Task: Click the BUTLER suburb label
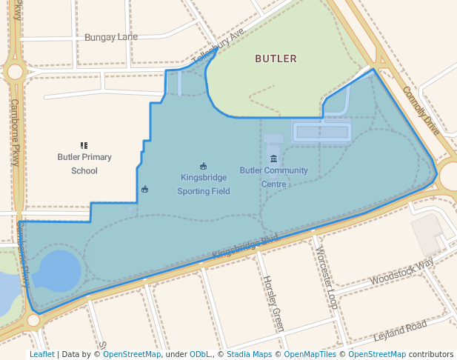pyautogui.click(x=276, y=59)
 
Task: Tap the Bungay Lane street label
pyautogui.click(x=111, y=37)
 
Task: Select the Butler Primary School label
pyautogui.click(x=84, y=164)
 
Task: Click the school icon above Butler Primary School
pyautogui.click(x=84, y=145)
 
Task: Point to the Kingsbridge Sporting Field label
pyautogui.click(x=204, y=184)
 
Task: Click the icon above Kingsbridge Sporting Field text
pyautogui.click(x=204, y=166)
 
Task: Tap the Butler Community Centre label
pyautogui.click(x=273, y=176)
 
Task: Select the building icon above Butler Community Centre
pyautogui.click(x=274, y=159)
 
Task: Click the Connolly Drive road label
pyautogui.click(x=421, y=110)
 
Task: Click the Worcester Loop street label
pyautogui.click(x=326, y=277)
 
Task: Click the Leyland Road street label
pyautogui.click(x=400, y=330)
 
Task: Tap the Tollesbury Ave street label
pyautogui.click(x=218, y=48)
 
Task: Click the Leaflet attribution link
pyautogui.click(x=41, y=354)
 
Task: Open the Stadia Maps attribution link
pyautogui.click(x=249, y=354)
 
